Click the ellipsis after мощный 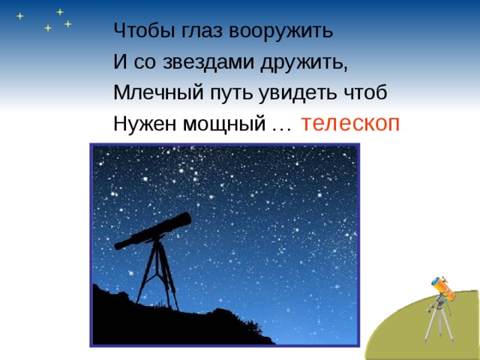281,127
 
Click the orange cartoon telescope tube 442,288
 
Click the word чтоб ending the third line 367,93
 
